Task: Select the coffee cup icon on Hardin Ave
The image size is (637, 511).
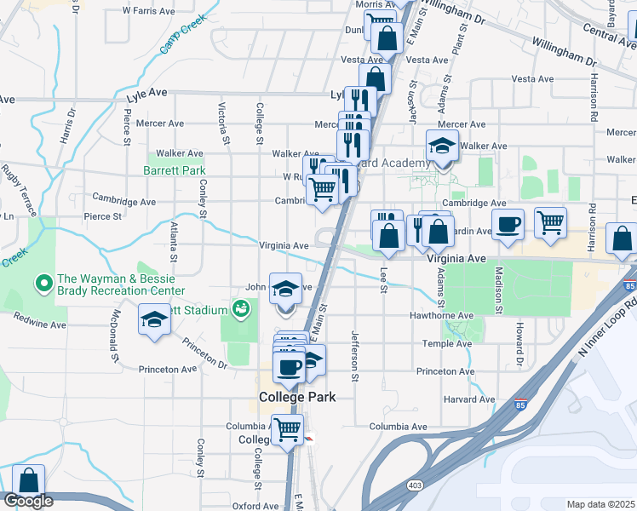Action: (x=508, y=224)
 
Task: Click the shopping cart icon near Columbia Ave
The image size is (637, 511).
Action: (x=287, y=428)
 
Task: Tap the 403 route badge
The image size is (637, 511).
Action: (x=414, y=485)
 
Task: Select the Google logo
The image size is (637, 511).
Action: (x=28, y=501)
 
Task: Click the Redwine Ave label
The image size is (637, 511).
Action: (x=39, y=324)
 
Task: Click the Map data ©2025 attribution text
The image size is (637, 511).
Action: (x=600, y=504)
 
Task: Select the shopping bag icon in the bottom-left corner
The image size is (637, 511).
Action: (x=29, y=481)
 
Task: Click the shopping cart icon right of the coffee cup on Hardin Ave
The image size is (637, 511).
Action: (x=550, y=222)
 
